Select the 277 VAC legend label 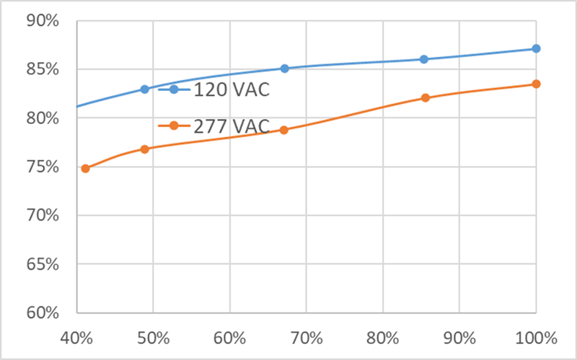[x=231, y=126]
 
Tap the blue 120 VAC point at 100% [x=536, y=48]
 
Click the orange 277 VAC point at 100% [x=536, y=84]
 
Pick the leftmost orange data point [x=85, y=168]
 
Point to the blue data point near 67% [x=284, y=69]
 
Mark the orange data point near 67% [x=284, y=130]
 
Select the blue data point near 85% [x=424, y=59]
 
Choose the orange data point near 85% [x=426, y=97]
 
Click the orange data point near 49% [x=144, y=149]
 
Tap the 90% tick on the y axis [x=42, y=20]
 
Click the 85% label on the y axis [x=42, y=69]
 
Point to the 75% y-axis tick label [x=42, y=167]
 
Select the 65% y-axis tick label [x=42, y=264]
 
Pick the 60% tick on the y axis [x=42, y=313]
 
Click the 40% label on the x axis [x=77, y=338]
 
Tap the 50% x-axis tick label [x=153, y=338]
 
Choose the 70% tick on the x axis [x=306, y=338]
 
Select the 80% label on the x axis [x=382, y=338]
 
